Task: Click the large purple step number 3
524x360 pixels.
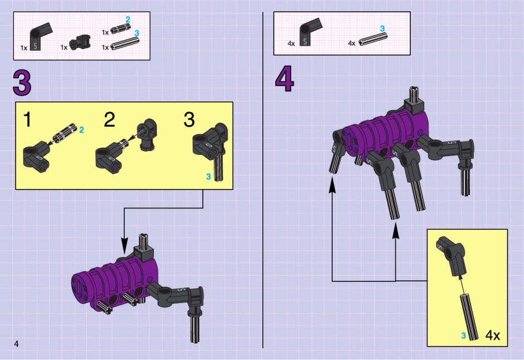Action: pyautogui.click(x=22, y=82)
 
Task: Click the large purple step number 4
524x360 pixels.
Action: pyautogui.click(x=284, y=79)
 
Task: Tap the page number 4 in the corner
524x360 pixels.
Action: pyautogui.click(x=16, y=344)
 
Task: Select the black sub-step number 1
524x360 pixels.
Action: pyautogui.click(x=27, y=120)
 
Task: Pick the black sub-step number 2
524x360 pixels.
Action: pyautogui.click(x=109, y=119)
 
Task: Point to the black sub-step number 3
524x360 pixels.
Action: pyautogui.click(x=189, y=120)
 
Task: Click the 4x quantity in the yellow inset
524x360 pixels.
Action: pyautogui.click(x=493, y=335)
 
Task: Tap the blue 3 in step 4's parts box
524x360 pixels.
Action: pyautogui.click(x=382, y=29)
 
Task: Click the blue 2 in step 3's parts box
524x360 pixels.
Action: pyautogui.click(x=128, y=20)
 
